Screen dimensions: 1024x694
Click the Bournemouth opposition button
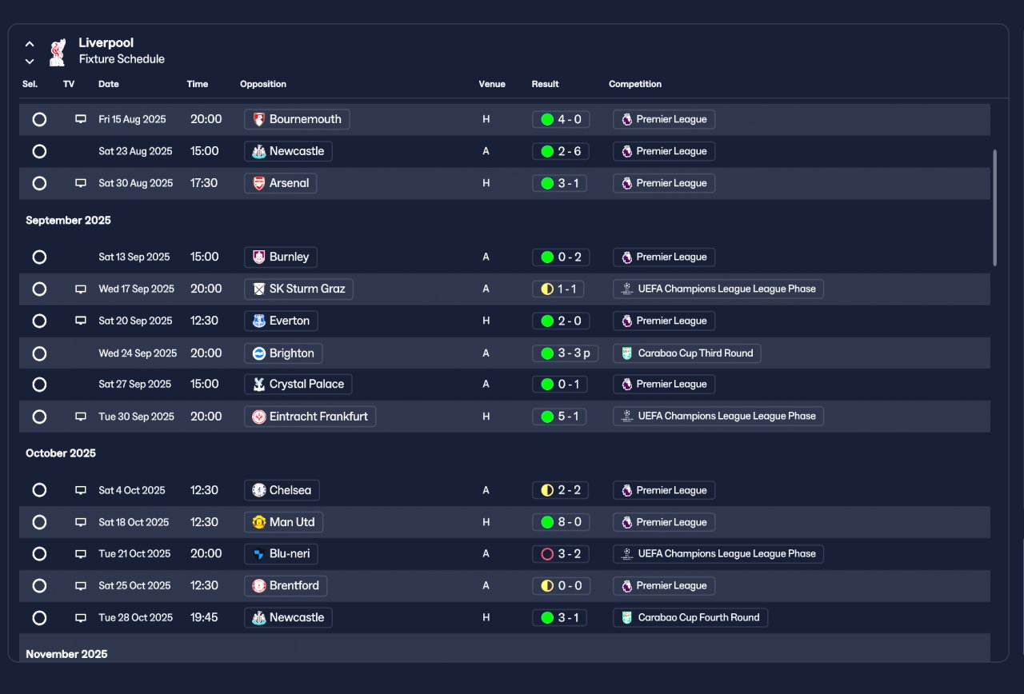click(x=297, y=119)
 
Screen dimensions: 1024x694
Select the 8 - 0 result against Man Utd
click(x=561, y=522)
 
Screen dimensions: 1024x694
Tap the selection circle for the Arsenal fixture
click(x=39, y=183)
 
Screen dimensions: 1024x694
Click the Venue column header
click(x=492, y=84)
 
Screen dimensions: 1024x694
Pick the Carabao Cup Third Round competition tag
click(x=686, y=353)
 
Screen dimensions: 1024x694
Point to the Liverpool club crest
click(x=58, y=52)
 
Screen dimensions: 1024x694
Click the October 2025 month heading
click(x=61, y=453)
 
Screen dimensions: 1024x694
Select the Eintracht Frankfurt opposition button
click(x=310, y=417)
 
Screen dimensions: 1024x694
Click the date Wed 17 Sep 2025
click(x=136, y=289)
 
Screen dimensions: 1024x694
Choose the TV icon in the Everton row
click(x=81, y=321)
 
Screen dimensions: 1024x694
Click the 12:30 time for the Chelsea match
click(x=204, y=490)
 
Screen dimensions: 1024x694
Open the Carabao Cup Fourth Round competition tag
click(x=690, y=618)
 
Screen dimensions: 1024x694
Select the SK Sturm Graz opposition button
click(x=298, y=289)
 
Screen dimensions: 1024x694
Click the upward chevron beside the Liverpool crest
click(x=30, y=44)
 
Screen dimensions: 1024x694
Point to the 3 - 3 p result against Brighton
click(x=566, y=353)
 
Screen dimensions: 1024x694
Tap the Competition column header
click(x=635, y=84)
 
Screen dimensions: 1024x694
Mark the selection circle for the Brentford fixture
click(x=39, y=586)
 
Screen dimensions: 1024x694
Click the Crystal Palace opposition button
click(x=298, y=385)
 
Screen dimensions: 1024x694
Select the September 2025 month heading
click(x=68, y=220)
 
